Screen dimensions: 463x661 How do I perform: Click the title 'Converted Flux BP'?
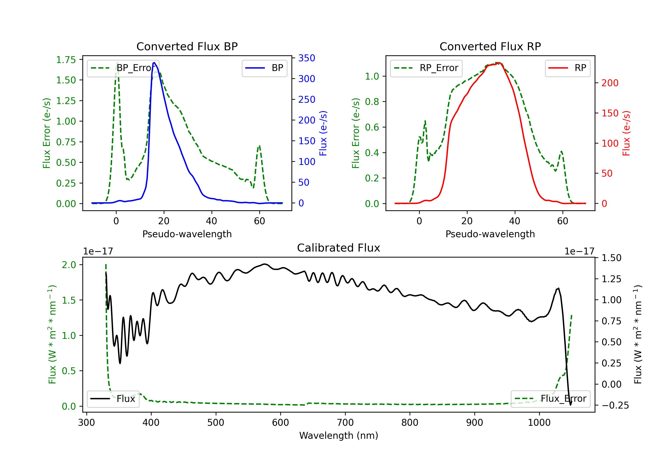coord(187,46)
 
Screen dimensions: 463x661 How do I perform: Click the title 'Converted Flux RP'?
coord(490,46)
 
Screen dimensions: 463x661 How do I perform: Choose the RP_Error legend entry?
coord(426,68)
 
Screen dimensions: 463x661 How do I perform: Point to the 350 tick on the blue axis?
coord(307,58)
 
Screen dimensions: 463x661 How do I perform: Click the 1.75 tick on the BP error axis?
coord(66,60)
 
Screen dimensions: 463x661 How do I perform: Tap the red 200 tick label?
coord(610,83)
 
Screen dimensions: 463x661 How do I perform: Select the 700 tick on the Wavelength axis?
coord(345,422)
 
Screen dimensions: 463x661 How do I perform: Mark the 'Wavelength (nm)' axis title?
coord(339,435)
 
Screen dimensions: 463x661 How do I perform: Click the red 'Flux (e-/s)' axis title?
coord(626,133)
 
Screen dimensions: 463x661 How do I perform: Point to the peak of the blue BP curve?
coord(154,63)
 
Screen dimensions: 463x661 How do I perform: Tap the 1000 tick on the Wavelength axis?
coord(539,422)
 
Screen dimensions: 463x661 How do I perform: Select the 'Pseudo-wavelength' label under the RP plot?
coord(490,234)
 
